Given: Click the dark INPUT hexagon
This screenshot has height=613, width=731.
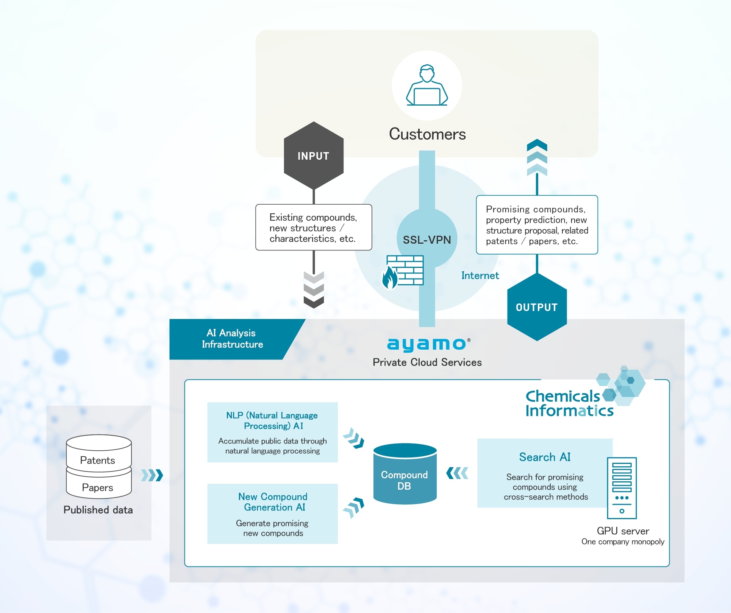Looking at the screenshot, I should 314,156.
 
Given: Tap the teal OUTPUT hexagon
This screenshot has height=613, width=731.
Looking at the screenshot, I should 537,307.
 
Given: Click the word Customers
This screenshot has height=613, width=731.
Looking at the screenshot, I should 427,134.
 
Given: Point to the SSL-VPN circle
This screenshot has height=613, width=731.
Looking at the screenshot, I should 427,239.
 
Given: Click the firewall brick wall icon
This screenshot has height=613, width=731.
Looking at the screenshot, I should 405,271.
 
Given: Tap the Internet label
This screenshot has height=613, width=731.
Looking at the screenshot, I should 480,275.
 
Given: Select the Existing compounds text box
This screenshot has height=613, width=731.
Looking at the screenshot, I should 314,227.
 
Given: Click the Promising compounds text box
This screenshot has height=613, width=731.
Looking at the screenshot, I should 537,225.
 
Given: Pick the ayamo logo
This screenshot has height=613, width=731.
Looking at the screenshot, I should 427,344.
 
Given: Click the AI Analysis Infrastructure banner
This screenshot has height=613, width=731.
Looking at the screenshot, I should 233,339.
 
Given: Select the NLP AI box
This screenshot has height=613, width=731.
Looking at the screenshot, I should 272,432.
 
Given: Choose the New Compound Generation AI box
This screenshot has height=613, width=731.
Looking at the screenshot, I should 272,513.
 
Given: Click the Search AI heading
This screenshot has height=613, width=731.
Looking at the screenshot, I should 545,457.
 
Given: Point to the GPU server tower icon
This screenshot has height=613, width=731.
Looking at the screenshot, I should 622,488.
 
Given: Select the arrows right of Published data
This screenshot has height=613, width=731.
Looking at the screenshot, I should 152,475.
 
